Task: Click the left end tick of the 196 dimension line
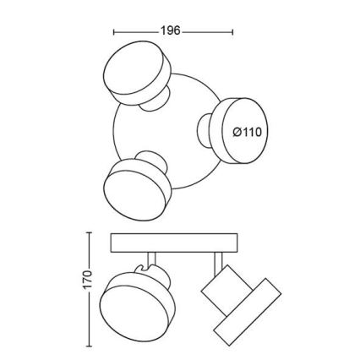[x=113, y=32]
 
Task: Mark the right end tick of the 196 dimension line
[x=232, y=32]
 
